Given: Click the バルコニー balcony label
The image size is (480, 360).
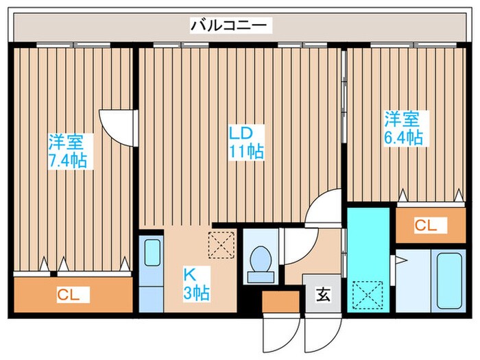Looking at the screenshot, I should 231,26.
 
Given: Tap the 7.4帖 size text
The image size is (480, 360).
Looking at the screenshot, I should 67,161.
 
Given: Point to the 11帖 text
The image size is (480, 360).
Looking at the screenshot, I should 247,151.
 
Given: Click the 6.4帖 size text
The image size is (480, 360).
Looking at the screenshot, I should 403,137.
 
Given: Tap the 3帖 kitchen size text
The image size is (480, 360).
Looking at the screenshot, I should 195,293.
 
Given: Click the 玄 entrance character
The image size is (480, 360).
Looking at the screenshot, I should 322,296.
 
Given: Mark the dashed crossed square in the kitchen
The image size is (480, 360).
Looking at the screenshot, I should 221,245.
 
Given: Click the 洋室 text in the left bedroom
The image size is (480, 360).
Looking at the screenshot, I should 67,143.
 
